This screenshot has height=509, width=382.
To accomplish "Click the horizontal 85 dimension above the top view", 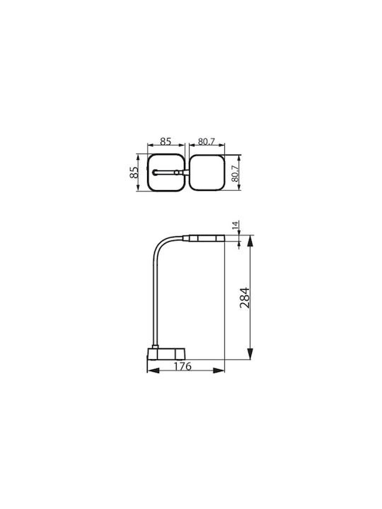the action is click(166, 141).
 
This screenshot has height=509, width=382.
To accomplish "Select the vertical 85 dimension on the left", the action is click(134, 172).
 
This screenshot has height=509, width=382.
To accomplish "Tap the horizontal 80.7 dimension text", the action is click(207, 141).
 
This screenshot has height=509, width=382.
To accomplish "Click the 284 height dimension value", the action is click(245, 298).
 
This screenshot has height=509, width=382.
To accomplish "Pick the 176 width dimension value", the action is click(183, 366).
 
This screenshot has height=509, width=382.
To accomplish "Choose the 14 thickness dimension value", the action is click(236, 225).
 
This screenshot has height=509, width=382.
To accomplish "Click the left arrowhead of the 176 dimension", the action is click(153, 370).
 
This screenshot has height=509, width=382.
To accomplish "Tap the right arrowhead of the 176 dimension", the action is click(219, 370).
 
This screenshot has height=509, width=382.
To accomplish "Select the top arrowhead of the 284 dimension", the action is click(250, 241).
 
